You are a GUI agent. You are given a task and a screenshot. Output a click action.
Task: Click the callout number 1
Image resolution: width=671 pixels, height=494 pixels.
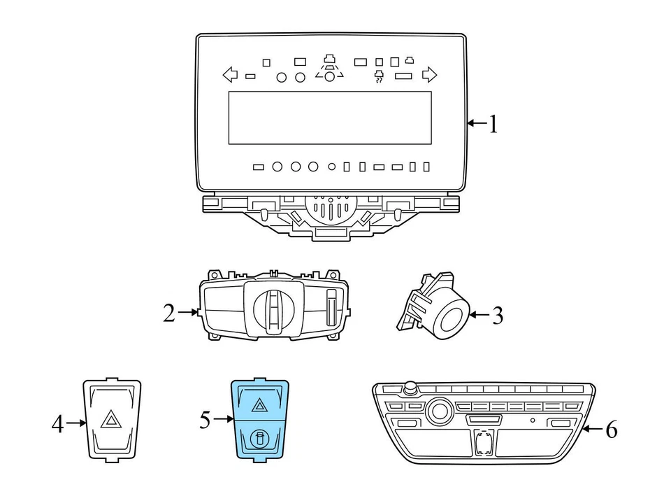coord(493,125)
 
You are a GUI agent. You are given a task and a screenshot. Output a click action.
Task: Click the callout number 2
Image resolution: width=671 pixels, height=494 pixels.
coord(168,313)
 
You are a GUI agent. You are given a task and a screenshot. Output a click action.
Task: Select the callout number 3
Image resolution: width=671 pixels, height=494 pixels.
coord(497,316)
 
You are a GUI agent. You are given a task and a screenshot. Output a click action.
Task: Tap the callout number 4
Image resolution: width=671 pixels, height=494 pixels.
coord(57,423)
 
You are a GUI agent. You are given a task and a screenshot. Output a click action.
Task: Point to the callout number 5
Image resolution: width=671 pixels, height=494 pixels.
coord(205,420)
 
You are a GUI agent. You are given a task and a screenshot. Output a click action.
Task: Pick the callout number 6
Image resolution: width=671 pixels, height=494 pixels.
coord(611,429)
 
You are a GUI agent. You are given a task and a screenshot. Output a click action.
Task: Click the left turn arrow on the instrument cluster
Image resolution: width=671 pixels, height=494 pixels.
coord(229,73)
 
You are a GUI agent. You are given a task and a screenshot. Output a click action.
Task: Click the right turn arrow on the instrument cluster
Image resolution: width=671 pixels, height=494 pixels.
coord(430,73)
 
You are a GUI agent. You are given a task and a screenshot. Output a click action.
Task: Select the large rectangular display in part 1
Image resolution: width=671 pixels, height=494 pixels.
coord(329,118)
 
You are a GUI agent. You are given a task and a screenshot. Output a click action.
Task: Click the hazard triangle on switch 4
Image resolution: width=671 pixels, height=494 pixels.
coord(110,421)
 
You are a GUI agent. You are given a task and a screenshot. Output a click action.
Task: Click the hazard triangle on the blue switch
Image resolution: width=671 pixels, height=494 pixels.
coord(259,404)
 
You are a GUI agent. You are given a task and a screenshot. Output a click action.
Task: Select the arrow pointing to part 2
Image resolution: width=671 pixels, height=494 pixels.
coord(187,313)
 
